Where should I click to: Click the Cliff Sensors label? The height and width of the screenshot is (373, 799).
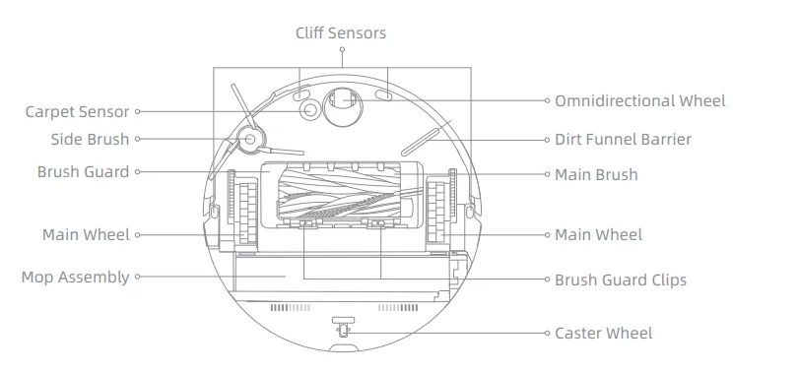click(341, 33)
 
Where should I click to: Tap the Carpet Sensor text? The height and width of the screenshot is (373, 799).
click(78, 112)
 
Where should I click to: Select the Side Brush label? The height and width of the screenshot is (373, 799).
click(90, 140)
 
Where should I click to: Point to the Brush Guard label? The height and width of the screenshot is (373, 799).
click(83, 171)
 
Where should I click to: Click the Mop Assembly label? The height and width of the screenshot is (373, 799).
click(75, 278)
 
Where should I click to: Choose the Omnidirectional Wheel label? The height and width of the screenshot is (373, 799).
click(639, 100)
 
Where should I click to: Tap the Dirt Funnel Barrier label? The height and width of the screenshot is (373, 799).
click(623, 140)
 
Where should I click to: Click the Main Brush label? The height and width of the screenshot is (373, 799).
click(596, 175)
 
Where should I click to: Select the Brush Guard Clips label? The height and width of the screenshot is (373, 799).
click(621, 280)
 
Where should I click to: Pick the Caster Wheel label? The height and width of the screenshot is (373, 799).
click(603, 334)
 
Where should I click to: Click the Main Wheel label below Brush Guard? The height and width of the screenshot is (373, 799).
click(86, 235)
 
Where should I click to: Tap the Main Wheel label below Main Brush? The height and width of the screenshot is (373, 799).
click(598, 235)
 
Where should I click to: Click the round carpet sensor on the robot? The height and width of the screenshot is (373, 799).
click(311, 111)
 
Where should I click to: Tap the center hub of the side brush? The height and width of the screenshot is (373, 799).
click(248, 140)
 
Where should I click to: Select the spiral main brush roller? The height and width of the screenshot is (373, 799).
click(341, 192)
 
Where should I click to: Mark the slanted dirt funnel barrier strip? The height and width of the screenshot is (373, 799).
click(427, 139)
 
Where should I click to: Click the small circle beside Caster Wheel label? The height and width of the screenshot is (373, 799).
click(547, 334)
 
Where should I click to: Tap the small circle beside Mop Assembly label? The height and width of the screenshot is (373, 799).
click(138, 278)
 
